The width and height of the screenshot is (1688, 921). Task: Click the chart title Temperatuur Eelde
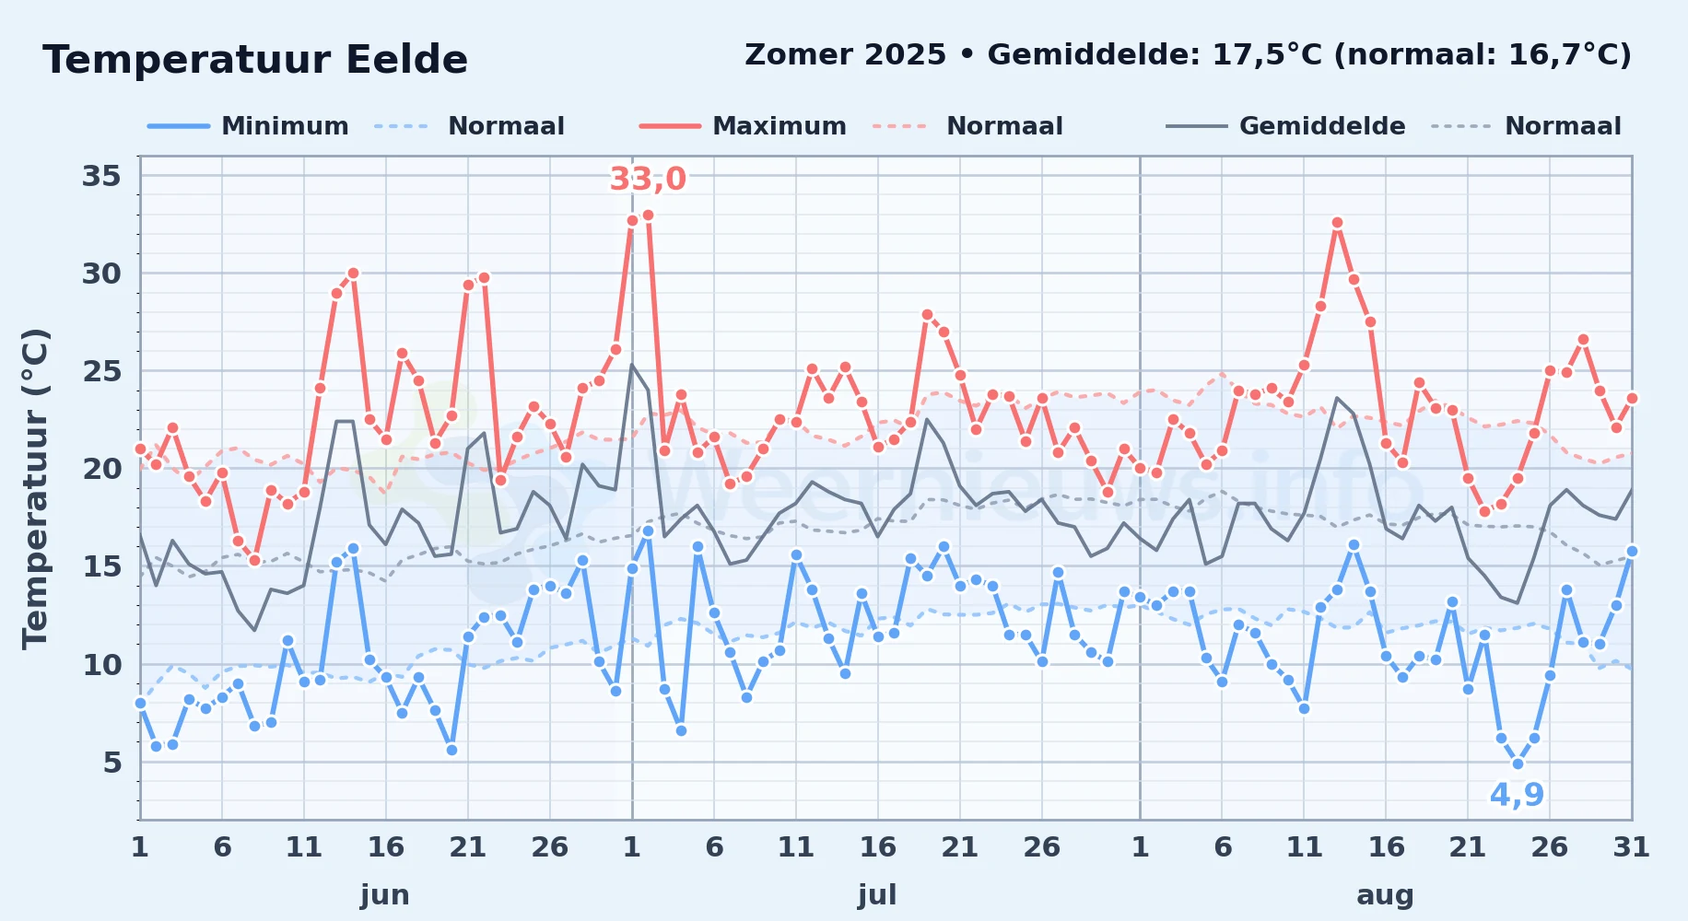(255, 61)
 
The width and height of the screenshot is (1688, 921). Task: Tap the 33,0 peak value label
(648, 179)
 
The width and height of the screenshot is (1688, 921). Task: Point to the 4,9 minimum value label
(1517, 794)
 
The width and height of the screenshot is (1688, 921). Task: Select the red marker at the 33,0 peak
(648, 215)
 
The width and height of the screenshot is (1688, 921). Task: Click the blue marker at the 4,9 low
(1518, 764)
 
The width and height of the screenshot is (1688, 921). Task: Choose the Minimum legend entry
(249, 126)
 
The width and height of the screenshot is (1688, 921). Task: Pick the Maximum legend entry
(743, 126)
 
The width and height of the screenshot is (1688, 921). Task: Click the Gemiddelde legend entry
(1286, 126)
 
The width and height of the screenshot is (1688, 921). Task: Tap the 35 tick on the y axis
(101, 175)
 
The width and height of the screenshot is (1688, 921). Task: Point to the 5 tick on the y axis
(112, 762)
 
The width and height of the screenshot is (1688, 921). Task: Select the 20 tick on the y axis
(101, 468)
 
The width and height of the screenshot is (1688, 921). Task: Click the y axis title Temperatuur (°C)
(35, 488)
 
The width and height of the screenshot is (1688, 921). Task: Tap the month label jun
(385, 895)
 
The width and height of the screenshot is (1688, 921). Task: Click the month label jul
(877, 895)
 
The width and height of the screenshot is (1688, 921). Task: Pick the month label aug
(1385, 895)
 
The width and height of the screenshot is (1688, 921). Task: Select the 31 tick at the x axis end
(1631, 846)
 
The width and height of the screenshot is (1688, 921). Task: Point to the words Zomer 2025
(845, 55)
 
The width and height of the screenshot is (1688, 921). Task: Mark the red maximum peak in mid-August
(1337, 222)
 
